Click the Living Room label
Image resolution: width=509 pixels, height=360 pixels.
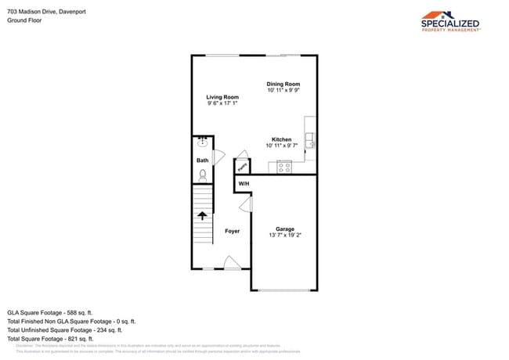[222, 97]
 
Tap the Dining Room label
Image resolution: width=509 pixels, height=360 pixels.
[283, 84]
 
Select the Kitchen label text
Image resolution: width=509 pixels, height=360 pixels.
[282, 139]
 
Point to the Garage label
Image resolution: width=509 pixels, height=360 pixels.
[284, 229]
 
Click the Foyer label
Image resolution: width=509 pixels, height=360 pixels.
[232, 231]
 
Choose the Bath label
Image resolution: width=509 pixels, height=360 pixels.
[203, 160]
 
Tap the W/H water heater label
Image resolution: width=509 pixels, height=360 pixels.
[244, 183]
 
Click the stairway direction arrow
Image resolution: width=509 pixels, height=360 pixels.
[203, 216]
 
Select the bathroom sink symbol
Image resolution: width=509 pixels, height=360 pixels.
[203, 142]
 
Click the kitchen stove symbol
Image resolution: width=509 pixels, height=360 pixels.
[284, 166]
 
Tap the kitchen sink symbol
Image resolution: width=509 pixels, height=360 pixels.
[310, 141]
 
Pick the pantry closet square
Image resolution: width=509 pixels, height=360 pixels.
[243, 167]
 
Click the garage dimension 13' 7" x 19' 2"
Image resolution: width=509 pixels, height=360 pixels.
[284, 235]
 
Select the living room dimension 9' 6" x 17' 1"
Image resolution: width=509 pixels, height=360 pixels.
[222, 103]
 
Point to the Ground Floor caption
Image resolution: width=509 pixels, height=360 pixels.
[24, 20]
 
